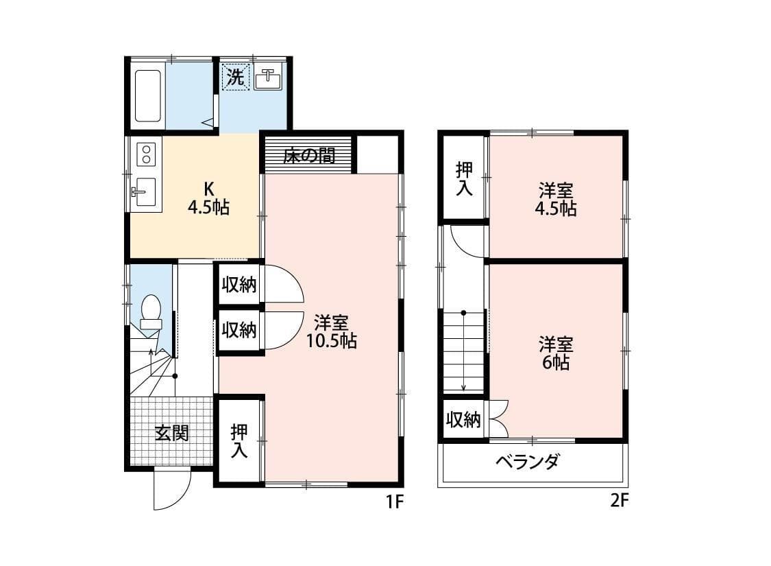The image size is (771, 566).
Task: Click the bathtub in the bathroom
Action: point(147,95)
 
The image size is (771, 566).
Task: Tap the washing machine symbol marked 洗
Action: point(235,78)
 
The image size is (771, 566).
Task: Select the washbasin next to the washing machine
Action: point(269,80)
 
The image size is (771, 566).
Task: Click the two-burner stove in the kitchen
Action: point(146,154)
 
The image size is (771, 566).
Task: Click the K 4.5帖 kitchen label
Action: point(209,197)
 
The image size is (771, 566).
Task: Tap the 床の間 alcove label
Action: point(309,156)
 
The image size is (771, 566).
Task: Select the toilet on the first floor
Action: point(150,314)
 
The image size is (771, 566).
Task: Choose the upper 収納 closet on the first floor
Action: point(239,285)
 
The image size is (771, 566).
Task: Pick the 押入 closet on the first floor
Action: point(239,440)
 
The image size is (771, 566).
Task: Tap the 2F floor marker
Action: point(618,502)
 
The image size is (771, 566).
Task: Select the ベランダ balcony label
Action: point(527,462)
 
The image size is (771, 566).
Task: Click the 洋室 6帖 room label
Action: point(555,353)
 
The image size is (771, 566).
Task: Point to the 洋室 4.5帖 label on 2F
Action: point(555,199)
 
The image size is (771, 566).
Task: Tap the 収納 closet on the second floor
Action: point(463,419)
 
